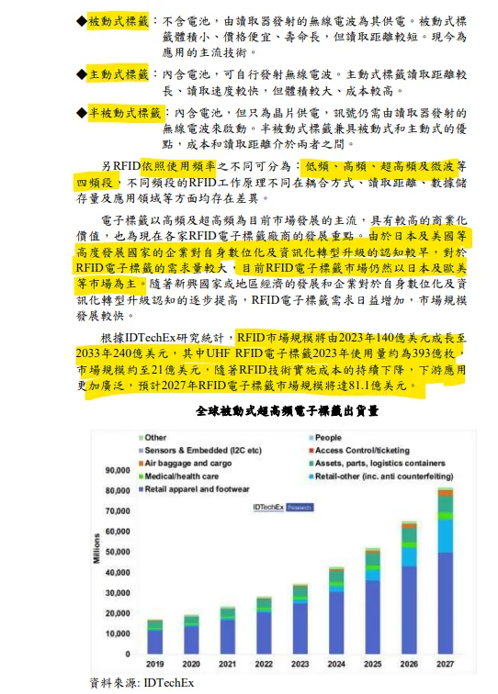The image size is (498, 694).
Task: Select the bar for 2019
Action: coord(155,638)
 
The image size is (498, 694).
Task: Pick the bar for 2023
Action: coord(300,619)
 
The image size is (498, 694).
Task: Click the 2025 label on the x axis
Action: coord(372,663)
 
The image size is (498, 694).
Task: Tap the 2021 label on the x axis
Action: coord(227,663)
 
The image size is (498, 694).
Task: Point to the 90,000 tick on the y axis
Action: coord(117,471)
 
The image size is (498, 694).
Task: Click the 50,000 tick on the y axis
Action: coord(117,552)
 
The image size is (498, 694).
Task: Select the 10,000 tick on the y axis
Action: coord(117,633)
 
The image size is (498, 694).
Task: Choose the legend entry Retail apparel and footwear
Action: coord(197,490)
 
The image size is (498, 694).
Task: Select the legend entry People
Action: coord(328,439)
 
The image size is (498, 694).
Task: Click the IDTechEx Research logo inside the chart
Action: coord(284,506)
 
